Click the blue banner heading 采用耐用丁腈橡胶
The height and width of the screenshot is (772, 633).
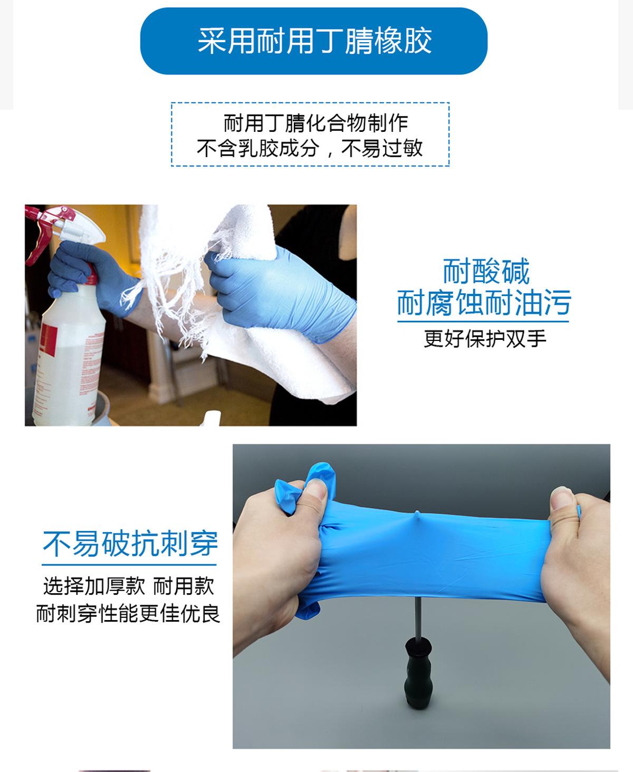[x=314, y=41]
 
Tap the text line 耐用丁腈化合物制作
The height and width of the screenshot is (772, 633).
[x=315, y=123]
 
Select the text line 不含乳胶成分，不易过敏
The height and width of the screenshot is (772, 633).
[x=310, y=148]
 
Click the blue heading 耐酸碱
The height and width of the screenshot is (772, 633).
[x=485, y=271]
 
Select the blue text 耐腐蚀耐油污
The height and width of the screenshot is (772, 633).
[x=484, y=302]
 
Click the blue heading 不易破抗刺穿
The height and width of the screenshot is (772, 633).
[x=130, y=544]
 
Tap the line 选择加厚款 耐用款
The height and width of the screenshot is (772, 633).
[x=129, y=586]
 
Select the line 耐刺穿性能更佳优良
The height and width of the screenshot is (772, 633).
[x=128, y=614]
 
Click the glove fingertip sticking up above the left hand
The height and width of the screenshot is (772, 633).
[x=320, y=472]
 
